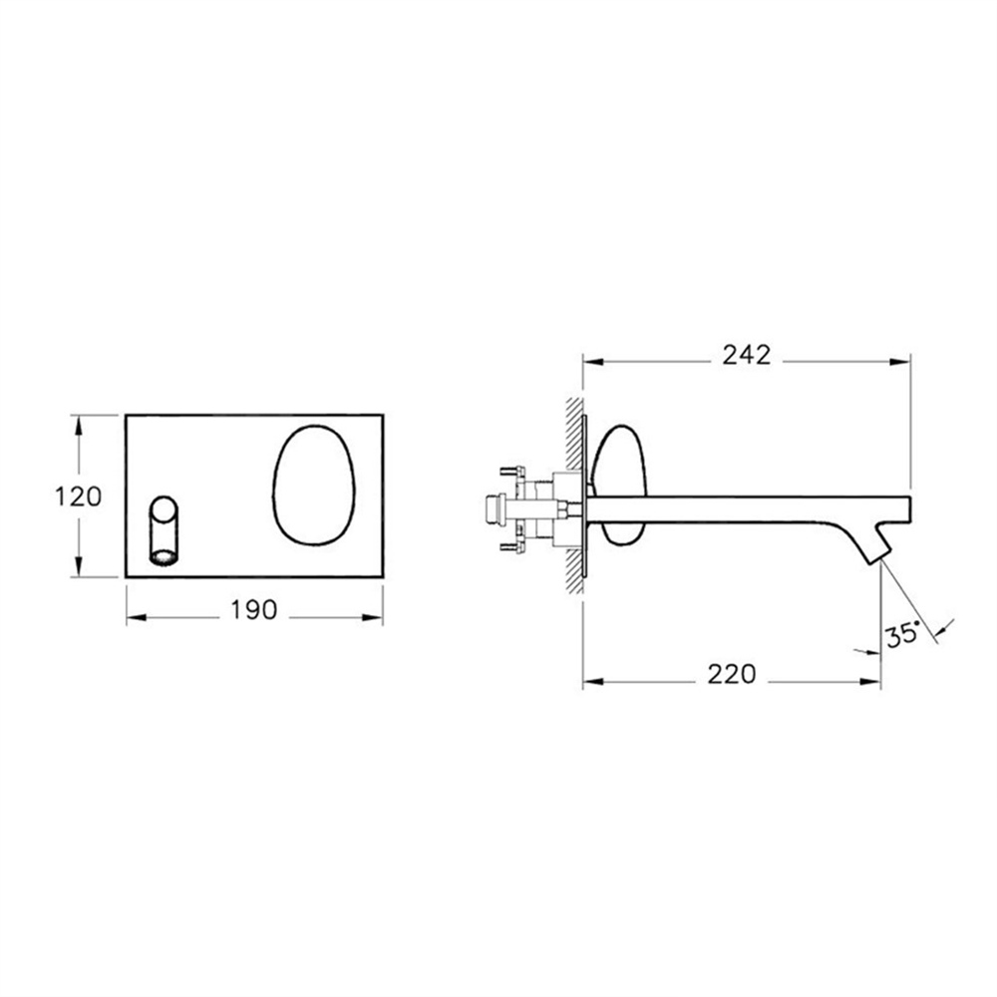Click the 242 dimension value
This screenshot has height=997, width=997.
[x=746, y=355]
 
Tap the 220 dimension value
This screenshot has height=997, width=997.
[x=732, y=674]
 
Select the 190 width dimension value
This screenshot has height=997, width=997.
[x=253, y=610]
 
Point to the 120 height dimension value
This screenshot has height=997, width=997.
[x=78, y=497]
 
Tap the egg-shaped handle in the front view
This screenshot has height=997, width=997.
[x=314, y=485]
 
